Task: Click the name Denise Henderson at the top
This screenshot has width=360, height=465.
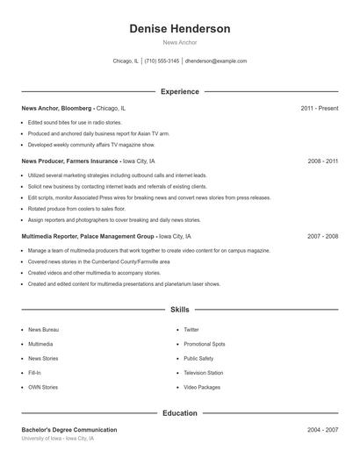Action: (x=180, y=29)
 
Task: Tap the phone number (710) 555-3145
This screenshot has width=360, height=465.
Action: (x=162, y=61)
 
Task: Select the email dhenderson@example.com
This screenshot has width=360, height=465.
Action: (x=216, y=61)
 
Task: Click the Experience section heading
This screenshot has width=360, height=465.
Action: (x=180, y=91)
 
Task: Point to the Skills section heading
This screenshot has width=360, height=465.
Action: (x=180, y=310)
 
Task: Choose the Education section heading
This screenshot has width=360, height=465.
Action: (x=180, y=413)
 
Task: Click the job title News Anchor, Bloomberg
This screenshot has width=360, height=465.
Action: (x=56, y=108)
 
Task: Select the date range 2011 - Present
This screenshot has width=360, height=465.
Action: (x=319, y=108)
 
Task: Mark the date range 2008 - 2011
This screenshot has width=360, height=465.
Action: (x=322, y=161)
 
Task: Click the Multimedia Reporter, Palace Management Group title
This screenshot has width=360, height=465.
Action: (x=89, y=237)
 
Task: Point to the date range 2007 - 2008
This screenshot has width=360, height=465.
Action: (x=322, y=237)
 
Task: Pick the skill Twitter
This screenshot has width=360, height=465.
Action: (x=191, y=330)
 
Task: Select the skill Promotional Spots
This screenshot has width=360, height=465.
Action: (x=205, y=344)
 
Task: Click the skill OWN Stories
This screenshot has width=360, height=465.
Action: (x=43, y=387)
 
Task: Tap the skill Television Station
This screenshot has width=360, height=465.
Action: (x=203, y=373)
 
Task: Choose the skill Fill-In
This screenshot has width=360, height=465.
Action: (x=35, y=373)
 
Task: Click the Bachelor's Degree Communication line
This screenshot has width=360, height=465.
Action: (x=69, y=430)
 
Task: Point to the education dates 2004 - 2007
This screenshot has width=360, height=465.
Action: (x=322, y=430)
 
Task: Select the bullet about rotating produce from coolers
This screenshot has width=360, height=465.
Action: (x=76, y=209)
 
